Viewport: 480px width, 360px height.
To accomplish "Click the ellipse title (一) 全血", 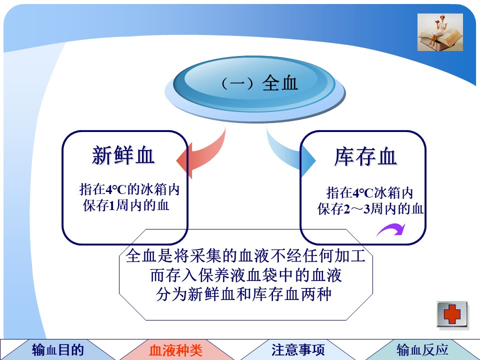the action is tap(259, 83).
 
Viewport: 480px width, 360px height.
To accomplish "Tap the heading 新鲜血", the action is tap(123, 155).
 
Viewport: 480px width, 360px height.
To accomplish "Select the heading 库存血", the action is tap(365, 156).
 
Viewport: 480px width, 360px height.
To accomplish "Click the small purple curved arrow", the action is tap(391, 229).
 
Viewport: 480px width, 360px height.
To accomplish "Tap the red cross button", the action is tap(452, 314).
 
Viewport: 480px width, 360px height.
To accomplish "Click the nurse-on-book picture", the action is tap(440, 32).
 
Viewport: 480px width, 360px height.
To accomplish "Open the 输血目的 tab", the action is tap(58, 349).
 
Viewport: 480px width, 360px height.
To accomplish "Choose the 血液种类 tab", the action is tap(175, 350).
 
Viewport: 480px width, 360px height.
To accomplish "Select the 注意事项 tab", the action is tap(298, 350).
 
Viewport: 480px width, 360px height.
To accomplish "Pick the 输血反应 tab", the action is tap(422, 349).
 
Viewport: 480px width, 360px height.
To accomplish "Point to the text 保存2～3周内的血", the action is tap(370, 209).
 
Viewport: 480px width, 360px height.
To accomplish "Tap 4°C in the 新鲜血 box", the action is tap(116, 190).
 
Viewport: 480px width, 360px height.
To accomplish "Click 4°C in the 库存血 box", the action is tap(363, 193).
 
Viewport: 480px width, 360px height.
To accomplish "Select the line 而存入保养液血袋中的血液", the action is tap(246, 275).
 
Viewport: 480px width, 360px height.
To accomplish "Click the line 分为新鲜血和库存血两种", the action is tap(244, 294).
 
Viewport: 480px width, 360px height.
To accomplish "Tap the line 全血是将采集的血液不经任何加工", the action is tap(245, 255).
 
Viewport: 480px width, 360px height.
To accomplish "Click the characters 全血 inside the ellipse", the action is tap(280, 83).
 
